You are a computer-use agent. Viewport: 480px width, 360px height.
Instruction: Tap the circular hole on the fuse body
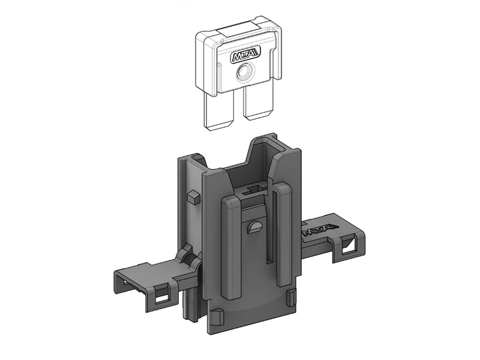coord(245,73)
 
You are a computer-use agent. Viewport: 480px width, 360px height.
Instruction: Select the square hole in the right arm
coord(350,245)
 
